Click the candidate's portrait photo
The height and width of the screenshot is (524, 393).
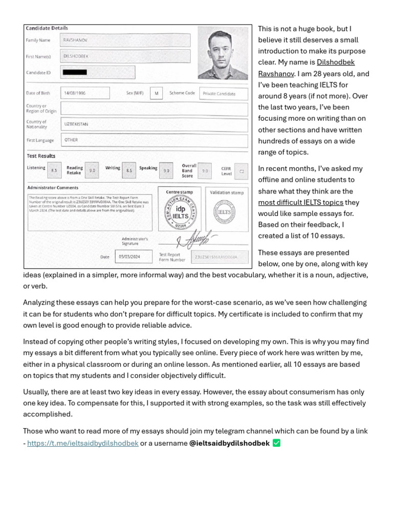tap(223, 53)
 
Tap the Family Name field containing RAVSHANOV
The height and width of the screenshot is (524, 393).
tap(125, 40)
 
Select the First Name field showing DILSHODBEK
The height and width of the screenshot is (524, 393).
tap(125, 56)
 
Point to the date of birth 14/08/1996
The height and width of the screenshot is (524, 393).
tap(85, 93)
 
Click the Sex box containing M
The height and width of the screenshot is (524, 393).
tap(156, 93)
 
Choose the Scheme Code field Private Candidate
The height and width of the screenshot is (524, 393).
tap(224, 94)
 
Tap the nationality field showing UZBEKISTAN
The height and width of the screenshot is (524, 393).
tap(154, 124)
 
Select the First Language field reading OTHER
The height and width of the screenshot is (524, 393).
tap(154, 140)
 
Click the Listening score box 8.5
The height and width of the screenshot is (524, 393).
tap(54, 170)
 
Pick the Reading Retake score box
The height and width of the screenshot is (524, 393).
tap(92, 170)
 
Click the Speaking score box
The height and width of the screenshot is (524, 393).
tap(166, 170)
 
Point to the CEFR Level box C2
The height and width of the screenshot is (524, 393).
tap(242, 171)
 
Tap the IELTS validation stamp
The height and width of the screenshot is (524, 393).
tap(227, 212)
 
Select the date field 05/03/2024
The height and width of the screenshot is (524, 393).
tap(134, 256)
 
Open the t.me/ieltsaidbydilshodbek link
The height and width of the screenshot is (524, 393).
tap(83, 443)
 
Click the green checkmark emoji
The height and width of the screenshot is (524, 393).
tap(277, 443)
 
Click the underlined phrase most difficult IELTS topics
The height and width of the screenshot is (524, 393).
tap(300, 203)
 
